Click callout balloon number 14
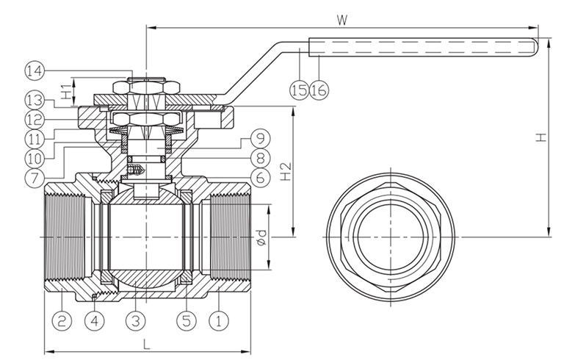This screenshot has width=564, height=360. coord(35,71)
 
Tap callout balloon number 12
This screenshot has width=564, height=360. coord(35,118)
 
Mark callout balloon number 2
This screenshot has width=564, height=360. coord(62,320)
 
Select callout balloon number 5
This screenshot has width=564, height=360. coord(187,320)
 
